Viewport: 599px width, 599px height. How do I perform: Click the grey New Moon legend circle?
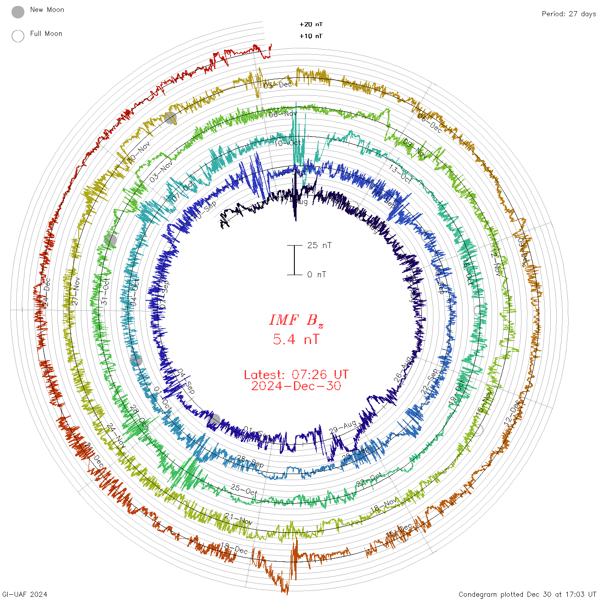tap(18, 12)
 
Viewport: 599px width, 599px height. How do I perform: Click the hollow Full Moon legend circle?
tap(18, 36)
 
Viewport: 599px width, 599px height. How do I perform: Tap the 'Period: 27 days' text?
tap(569, 14)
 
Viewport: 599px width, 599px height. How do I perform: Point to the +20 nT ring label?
tap(311, 24)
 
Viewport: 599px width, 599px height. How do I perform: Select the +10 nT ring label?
tap(311, 36)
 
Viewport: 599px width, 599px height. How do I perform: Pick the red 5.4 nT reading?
tap(296, 340)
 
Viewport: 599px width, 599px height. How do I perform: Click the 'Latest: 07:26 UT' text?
tap(296, 375)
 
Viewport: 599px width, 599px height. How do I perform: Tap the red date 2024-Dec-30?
tap(296, 386)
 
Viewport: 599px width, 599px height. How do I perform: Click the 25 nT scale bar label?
tap(319, 246)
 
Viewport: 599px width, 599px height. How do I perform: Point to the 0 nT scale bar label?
tap(317, 275)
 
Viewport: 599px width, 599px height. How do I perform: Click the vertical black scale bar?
tap(294, 260)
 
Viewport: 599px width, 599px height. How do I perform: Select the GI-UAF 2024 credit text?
tap(24, 594)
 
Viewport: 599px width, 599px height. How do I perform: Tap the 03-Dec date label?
tap(278, 85)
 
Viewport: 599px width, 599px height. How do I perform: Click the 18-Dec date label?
tap(234, 548)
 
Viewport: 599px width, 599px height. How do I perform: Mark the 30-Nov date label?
tap(139, 152)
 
